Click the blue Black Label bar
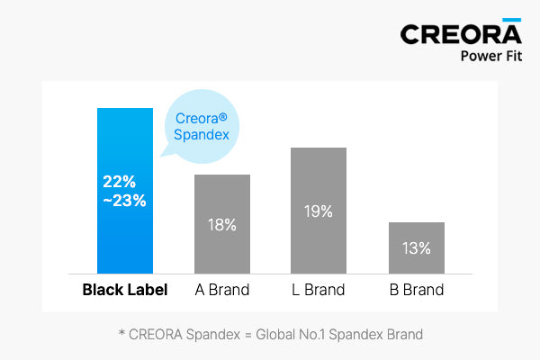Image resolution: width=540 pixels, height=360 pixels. click(125, 191)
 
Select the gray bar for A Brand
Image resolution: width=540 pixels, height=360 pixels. click(222, 224)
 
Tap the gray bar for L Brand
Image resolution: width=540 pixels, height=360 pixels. click(319, 211)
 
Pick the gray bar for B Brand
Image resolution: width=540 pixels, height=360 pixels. click(417, 248)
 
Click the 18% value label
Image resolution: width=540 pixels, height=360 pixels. click(222, 225)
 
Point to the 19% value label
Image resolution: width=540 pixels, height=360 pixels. click(319, 211)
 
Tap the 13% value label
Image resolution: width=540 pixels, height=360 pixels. click(417, 248)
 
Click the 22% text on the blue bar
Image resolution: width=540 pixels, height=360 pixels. click(119, 182)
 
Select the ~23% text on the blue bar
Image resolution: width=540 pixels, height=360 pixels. click(124, 201)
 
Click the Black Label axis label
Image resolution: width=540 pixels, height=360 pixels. click(125, 290)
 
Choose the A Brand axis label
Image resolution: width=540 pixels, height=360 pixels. click(222, 290)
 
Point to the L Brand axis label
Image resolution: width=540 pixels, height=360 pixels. click(319, 290)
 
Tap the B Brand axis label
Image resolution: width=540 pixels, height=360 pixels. click(417, 290)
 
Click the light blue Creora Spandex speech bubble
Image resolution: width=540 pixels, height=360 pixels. click(202, 126)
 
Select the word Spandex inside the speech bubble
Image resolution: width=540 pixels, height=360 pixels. click(202, 135)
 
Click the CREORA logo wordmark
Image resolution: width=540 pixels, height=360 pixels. click(461, 34)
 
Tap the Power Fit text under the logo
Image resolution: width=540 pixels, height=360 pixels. click(491, 56)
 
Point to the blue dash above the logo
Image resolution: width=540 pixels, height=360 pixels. click(512, 20)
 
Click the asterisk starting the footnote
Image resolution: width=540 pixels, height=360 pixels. click(121, 332)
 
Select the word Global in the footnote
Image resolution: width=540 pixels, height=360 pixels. click(275, 335)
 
